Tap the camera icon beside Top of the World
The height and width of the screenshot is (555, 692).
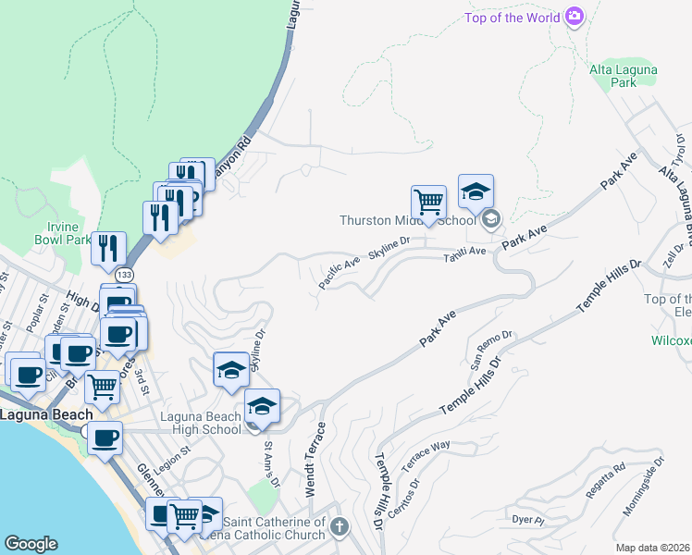[575, 16]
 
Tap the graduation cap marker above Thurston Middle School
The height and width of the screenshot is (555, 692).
[476, 191]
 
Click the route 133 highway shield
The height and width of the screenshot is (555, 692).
[122, 275]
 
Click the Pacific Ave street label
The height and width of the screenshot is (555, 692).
[340, 275]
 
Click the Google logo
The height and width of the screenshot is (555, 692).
[31, 544]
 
